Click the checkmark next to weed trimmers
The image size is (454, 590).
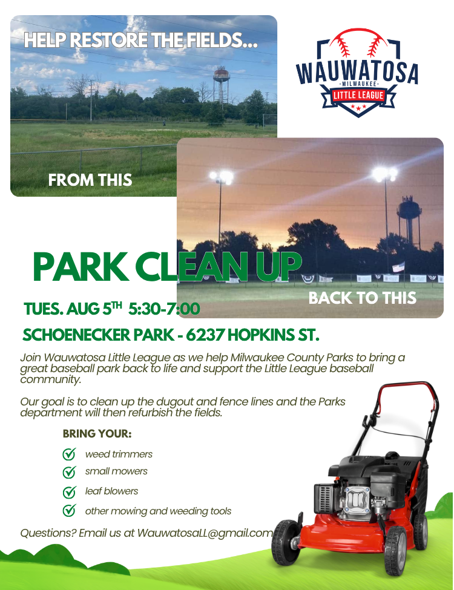click(69, 454)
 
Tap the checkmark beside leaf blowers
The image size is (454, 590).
click(69, 491)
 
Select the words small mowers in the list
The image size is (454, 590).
click(116, 471)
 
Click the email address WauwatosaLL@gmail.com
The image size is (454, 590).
click(205, 533)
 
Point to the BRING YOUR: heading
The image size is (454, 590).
click(97, 433)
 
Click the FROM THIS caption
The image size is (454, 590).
click(90, 180)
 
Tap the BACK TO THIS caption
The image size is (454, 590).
click(363, 298)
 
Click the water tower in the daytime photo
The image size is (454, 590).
click(222, 85)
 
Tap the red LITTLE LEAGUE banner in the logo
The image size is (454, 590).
click(358, 95)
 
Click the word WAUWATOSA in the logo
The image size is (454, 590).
click(357, 72)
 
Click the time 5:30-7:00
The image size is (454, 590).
click(164, 309)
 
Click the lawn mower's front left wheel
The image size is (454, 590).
click(285, 542)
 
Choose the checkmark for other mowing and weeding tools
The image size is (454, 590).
click(69, 511)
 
